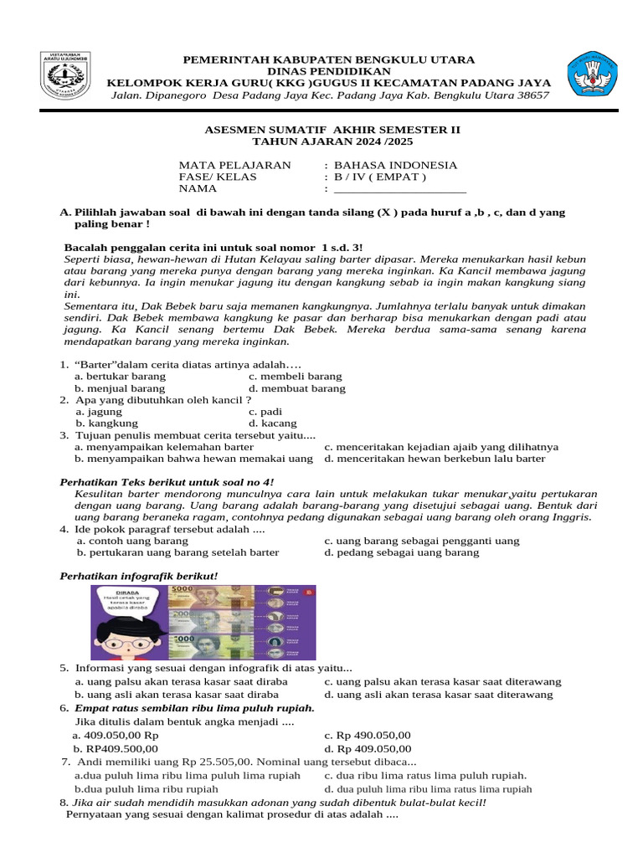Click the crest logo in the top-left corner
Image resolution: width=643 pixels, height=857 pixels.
(66, 78)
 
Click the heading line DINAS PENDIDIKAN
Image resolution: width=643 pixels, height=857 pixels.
(328, 71)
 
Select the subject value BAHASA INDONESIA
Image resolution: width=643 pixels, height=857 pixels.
(395, 165)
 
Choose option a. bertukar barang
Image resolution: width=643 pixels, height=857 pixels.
(121, 377)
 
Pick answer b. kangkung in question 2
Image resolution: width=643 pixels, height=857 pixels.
(108, 423)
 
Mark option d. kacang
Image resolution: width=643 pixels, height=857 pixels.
(273, 423)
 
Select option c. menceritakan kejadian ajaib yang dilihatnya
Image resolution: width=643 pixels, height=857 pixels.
(441, 447)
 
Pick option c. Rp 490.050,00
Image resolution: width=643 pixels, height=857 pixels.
(368, 735)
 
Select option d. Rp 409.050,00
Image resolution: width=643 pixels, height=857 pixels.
(368, 748)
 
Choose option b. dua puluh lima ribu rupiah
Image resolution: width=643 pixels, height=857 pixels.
(147, 788)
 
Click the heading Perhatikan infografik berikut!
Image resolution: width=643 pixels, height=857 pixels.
(140, 577)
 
